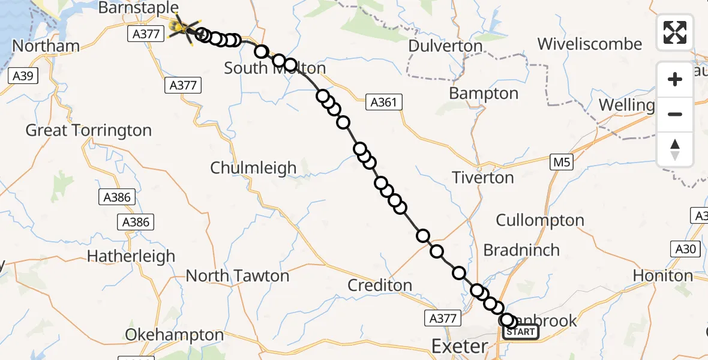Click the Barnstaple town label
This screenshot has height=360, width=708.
click(138, 8)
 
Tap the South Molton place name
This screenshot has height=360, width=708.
click(274, 68)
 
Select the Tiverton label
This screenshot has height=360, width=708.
click(483, 178)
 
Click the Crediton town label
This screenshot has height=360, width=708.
click(380, 285)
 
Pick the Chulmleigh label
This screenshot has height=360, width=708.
click(253, 168)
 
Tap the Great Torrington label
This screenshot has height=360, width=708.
click(89, 130)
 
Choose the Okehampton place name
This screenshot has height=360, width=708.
click(175, 334)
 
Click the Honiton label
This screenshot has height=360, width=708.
click(663, 275)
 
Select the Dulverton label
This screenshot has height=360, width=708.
click(445, 46)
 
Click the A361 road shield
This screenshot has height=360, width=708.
click(383, 103)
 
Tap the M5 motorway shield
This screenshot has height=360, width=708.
click(559, 161)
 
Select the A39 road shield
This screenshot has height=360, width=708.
click(25, 76)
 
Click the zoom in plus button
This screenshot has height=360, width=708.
click(675, 79)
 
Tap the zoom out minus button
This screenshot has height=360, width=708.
click(675, 114)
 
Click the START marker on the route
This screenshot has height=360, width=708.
click(520, 332)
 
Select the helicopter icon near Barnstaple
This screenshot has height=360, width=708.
click(182, 29)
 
